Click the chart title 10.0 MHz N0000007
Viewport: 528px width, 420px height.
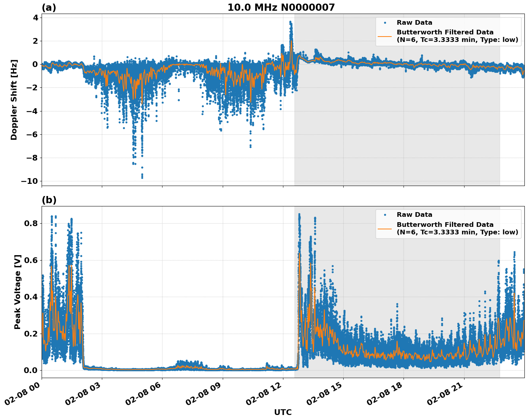pos(281,8)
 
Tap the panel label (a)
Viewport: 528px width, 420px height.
pos(49,8)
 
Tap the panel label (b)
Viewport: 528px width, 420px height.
pos(49,200)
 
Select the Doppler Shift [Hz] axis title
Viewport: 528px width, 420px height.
pos(14,100)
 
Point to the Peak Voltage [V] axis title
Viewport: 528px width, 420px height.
pos(18,292)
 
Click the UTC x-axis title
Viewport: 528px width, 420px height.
pos(283,412)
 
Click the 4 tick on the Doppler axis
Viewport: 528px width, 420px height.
pos(36,18)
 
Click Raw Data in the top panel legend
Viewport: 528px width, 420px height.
pos(414,23)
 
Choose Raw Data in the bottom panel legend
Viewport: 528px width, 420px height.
pos(414,215)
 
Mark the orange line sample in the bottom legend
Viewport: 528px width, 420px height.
pos(385,228)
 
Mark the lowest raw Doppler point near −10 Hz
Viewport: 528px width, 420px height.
pos(142,177)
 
